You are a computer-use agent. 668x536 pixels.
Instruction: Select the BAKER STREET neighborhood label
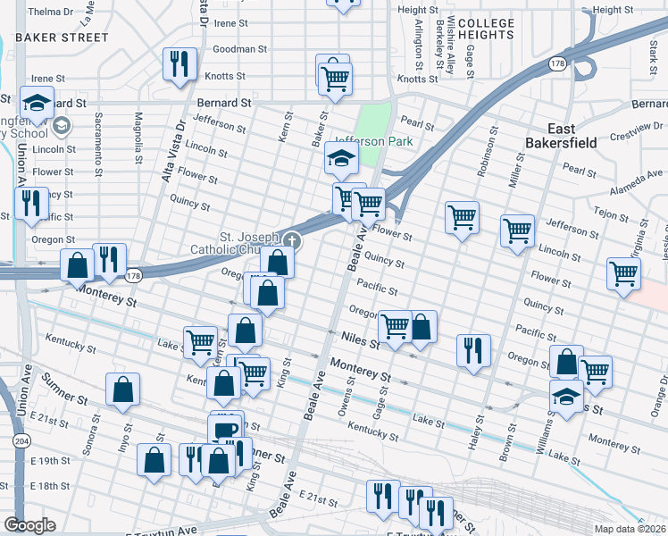click(x=63, y=38)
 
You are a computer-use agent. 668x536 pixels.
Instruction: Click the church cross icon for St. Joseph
click(x=291, y=240)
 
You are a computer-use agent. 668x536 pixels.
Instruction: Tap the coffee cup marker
click(x=225, y=429)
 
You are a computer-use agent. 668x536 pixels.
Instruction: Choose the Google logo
click(x=29, y=525)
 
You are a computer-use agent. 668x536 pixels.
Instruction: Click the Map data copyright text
click(x=630, y=529)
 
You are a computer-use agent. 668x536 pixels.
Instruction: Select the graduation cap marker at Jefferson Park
click(x=339, y=159)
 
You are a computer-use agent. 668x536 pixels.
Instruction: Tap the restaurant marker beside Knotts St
click(x=179, y=63)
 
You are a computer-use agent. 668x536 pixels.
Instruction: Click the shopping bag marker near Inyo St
click(x=123, y=389)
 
